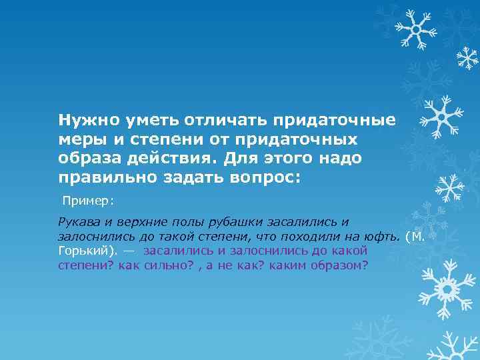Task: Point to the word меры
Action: (78, 140)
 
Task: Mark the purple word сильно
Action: (162, 265)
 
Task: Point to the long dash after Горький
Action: (129, 251)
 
